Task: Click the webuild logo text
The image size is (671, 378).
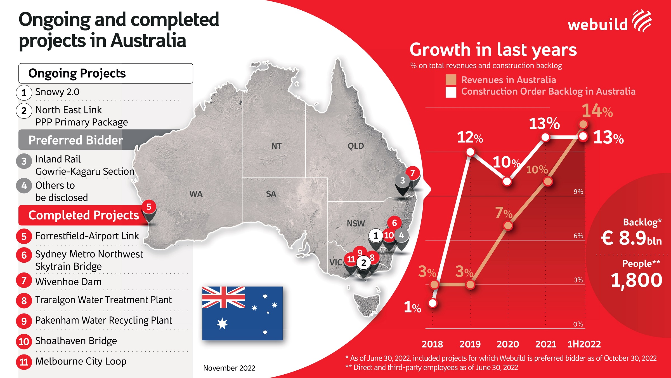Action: (598, 25)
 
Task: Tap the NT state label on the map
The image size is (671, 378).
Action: (276, 146)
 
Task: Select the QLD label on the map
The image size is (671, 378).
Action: (356, 146)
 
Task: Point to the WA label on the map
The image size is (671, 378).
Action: (196, 194)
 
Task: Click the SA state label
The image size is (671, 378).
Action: (271, 194)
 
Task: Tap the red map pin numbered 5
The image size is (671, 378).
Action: (149, 207)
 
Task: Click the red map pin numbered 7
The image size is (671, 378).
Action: (413, 173)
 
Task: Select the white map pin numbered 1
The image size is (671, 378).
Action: (376, 236)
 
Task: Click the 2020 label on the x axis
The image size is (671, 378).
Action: (508, 344)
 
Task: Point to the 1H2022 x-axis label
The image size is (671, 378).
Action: (584, 344)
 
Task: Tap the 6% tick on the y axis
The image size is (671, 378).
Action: (578, 236)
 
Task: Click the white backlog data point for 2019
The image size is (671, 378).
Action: (470, 152)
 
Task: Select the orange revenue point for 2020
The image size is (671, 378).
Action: (508, 225)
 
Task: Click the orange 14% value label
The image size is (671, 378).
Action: (597, 111)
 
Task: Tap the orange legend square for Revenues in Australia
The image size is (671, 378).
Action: (451, 80)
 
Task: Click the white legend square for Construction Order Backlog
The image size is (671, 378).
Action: (451, 92)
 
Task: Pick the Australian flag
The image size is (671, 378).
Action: (242, 313)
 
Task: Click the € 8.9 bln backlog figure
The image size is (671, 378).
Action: (631, 238)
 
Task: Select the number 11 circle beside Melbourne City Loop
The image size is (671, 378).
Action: (24, 362)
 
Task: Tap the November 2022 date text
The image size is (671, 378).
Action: (229, 368)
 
